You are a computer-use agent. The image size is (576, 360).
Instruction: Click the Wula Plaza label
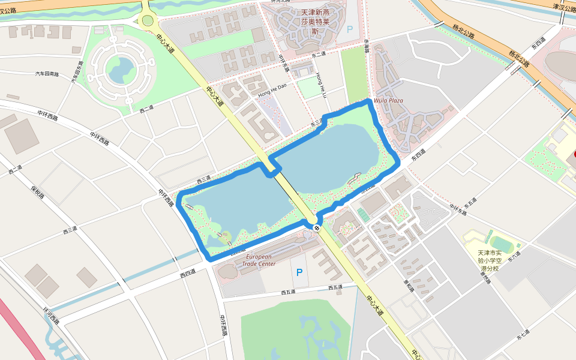click(388, 100)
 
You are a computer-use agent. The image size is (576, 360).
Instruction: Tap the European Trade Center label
click(259, 260)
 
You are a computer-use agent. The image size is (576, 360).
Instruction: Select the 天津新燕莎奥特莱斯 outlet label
click(315, 20)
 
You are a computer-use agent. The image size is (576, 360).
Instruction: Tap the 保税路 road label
click(38, 192)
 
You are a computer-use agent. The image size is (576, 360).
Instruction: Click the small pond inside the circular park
click(121, 70)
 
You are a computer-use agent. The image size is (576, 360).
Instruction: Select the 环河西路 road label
click(51, 316)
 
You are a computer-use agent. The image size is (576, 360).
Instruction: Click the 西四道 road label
click(188, 275)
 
